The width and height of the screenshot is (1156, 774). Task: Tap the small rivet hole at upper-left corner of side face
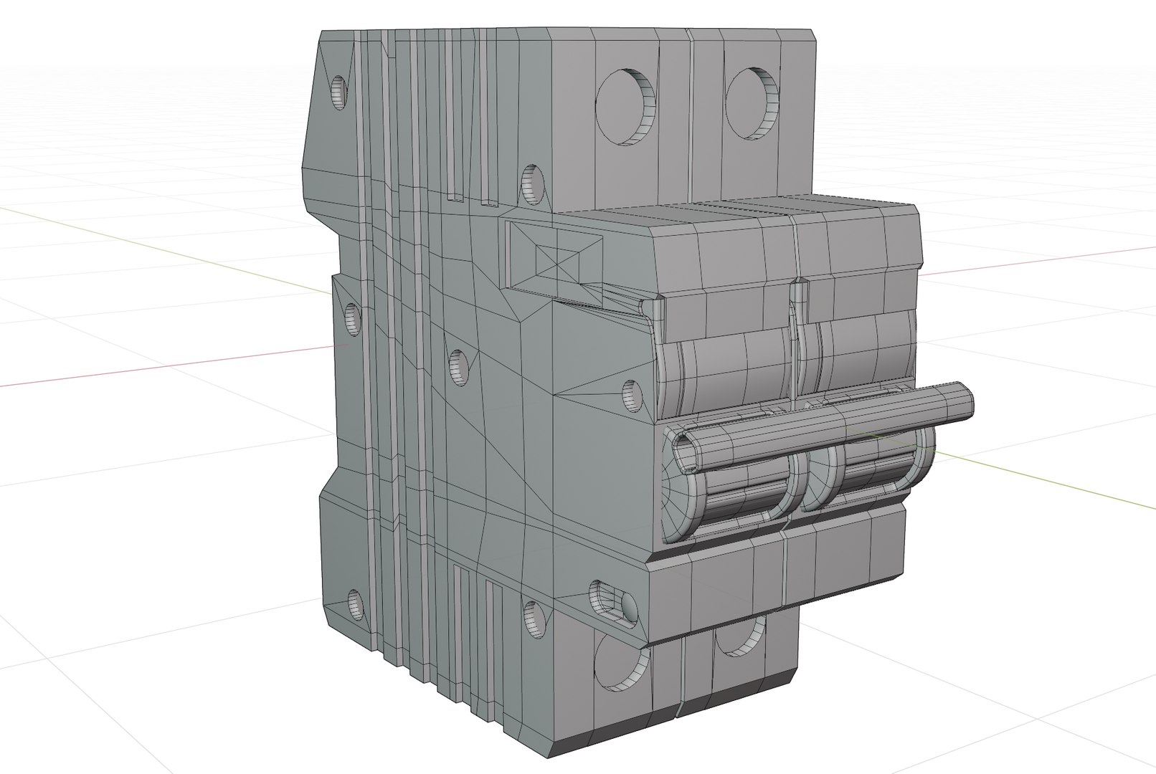coord(339,91)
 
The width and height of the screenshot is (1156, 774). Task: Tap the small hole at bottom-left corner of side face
coord(355,605)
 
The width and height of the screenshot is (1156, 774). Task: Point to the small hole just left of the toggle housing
coord(632,396)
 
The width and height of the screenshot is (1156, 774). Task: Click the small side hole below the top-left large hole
coord(532,183)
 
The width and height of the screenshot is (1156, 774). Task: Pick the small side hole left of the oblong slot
coord(534,620)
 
